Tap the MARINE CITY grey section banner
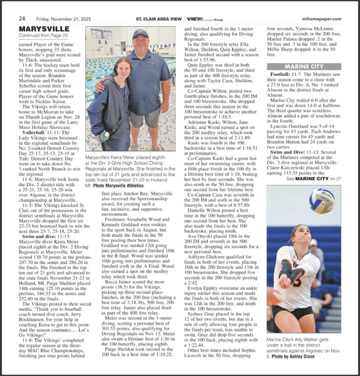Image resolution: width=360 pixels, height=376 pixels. click(x=304, y=66)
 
